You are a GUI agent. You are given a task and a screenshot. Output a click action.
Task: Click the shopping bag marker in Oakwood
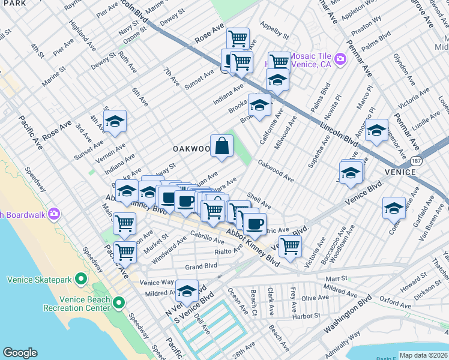click(x=221, y=146)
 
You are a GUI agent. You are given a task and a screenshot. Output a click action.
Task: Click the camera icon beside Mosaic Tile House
click(x=340, y=59)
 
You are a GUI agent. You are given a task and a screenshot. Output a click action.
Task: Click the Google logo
click(x=20, y=353)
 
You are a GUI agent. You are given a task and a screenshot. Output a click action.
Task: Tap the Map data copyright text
click(x=423, y=355)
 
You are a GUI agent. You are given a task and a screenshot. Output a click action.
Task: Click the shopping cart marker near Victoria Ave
click(x=290, y=245)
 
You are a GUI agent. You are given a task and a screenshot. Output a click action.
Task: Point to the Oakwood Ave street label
click(x=276, y=170)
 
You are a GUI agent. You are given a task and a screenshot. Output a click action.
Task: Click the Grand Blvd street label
click(x=200, y=266)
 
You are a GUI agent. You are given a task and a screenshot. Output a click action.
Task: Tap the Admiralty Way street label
click(x=341, y=343)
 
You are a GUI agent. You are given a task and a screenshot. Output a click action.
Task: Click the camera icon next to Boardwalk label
click(x=54, y=214)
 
